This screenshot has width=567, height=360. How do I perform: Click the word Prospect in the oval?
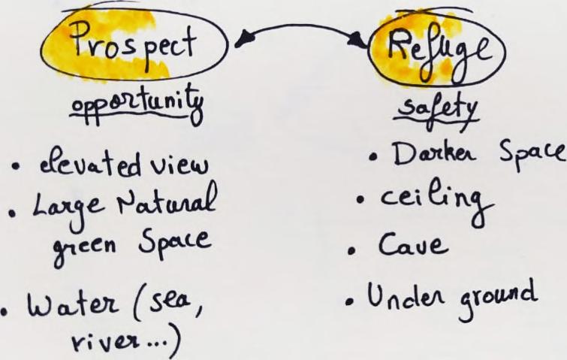point(134,47)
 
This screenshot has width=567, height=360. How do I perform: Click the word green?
point(86,243)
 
